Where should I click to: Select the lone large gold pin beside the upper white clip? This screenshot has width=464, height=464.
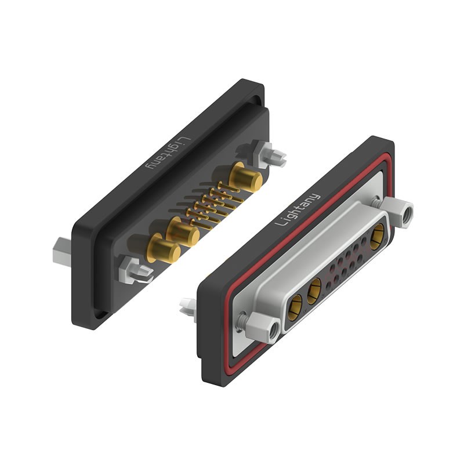(244, 177)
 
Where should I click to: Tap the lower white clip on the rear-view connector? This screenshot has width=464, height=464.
(134, 270)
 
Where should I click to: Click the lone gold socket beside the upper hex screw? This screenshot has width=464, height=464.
(376, 235)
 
